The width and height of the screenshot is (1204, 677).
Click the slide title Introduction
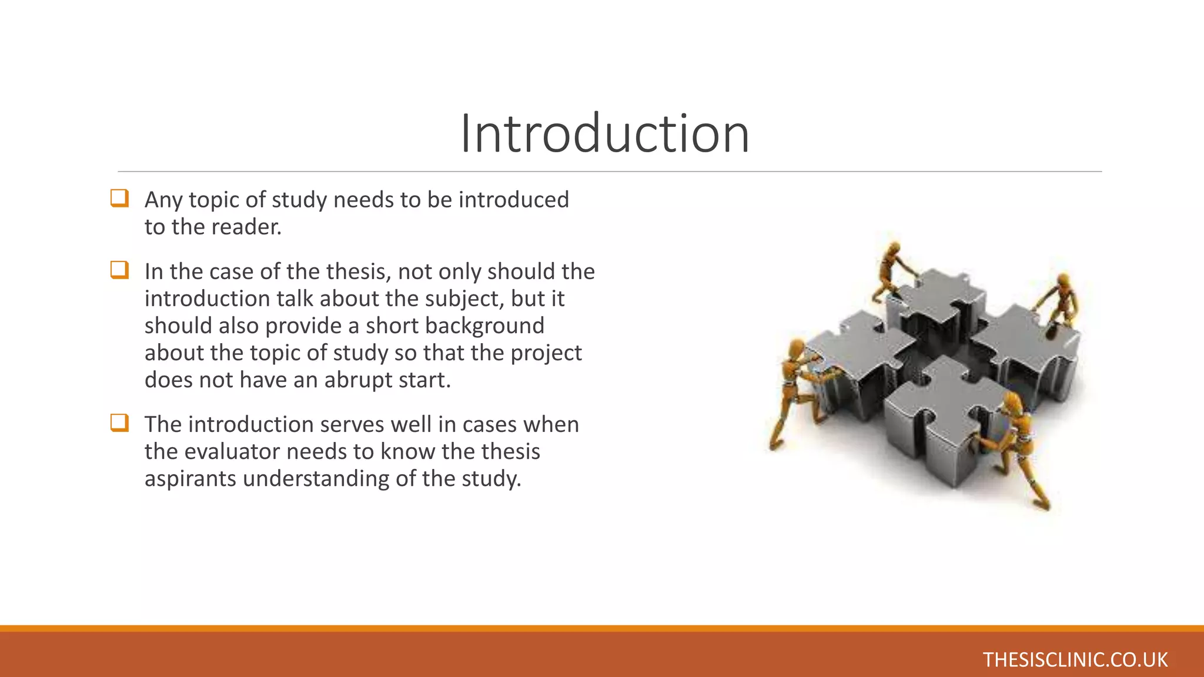pos(604,134)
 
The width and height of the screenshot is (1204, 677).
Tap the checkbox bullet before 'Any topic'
pos(119,198)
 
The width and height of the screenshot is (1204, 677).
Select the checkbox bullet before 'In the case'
pos(119,270)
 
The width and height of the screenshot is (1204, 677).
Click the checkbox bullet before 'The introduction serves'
pos(119,423)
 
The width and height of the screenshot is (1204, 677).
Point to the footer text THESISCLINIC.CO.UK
pos(1075,659)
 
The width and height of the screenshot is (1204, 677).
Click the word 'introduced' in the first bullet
pos(513,200)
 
